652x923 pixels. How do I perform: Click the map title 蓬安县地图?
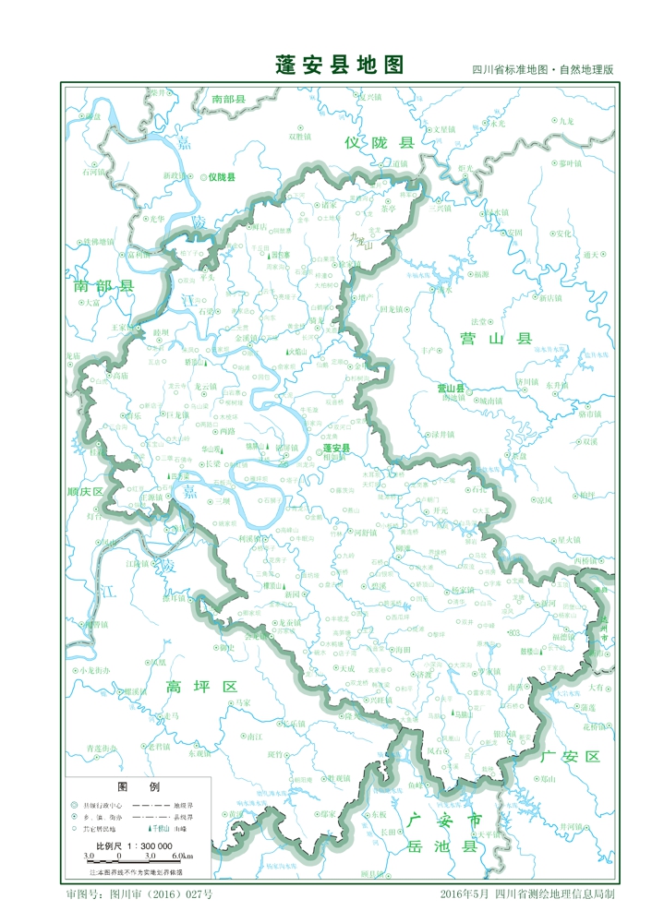click(339, 65)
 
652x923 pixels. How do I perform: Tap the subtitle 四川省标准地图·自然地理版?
click(542, 70)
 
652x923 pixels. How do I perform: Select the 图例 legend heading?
click(139, 786)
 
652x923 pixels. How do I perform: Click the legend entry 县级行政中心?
click(101, 804)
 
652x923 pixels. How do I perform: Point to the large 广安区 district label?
click(570, 756)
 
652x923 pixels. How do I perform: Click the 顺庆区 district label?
click(85, 493)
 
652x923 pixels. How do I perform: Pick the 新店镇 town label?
click(549, 298)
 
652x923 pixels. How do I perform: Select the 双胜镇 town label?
click(301, 136)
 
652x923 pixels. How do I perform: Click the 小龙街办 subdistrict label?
click(93, 669)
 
